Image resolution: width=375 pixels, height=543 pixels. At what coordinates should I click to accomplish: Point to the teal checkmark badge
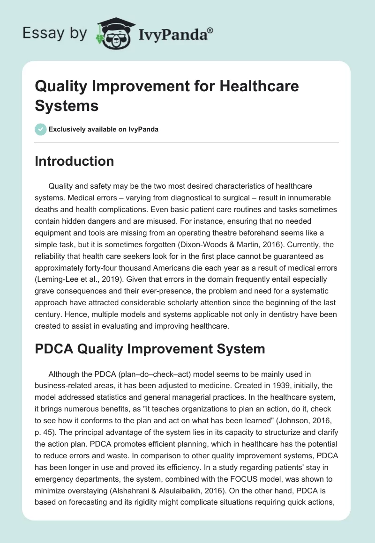41,129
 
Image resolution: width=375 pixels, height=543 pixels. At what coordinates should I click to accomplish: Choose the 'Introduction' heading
75,161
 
